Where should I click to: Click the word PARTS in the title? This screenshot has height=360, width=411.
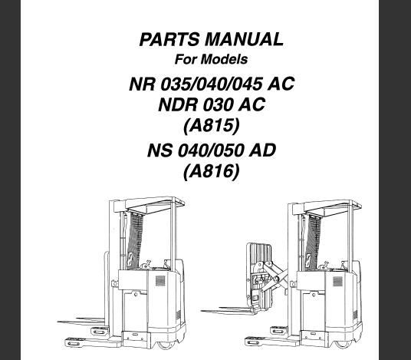tap(169, 40)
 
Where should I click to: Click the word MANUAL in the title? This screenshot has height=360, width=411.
tap(244, 40)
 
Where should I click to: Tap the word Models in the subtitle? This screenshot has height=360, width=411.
tap(224, 59)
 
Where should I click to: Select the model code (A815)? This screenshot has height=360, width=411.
tap(212, 126)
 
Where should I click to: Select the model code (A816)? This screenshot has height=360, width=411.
tap(212, 172)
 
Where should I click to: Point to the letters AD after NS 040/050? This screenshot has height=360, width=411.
tap(262, 150)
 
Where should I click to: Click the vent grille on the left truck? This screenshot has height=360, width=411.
tap(160, 280)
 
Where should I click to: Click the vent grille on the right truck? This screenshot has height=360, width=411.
tap(337, 281)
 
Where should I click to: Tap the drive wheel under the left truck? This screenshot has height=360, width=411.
tap(166, 345)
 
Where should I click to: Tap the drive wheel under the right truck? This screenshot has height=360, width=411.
tap(343, 344)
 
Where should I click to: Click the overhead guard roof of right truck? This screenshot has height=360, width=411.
tap(332, 206)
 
